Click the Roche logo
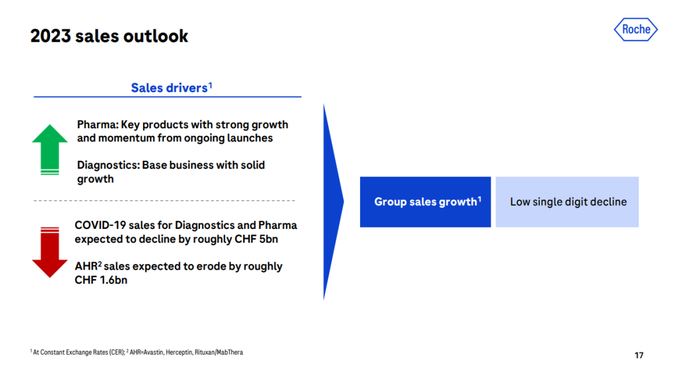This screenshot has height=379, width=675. (636, 29)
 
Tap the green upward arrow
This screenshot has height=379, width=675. (49, 149)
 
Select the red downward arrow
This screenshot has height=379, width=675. (49, 252)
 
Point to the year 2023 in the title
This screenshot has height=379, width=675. (51, 36)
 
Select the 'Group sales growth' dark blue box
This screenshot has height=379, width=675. (426, 201)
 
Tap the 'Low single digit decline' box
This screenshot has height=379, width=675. (567, 201)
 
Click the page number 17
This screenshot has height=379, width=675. (639, 355)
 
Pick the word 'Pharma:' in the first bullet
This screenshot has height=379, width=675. (97, 124)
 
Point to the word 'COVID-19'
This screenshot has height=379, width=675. (100, 225)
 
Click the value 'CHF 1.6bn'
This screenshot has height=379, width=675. (101, 280)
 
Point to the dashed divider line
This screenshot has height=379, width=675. (164, 201)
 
